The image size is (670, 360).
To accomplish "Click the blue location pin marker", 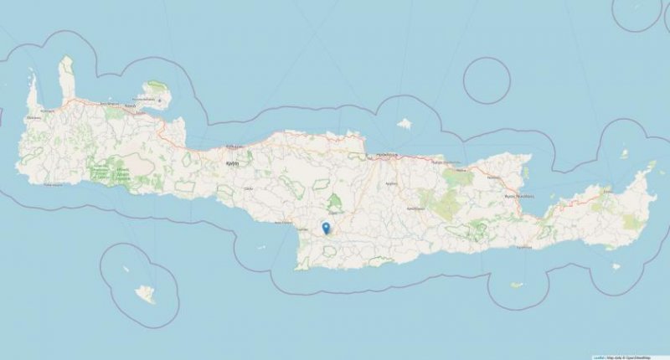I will tap(326, 227).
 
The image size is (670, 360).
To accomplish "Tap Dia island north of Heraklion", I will tap(405, 124).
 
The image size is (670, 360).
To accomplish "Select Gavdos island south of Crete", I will tap(147, 294).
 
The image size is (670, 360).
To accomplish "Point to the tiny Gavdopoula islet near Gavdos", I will tap(126, 270).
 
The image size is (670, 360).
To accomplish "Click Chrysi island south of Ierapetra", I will tap(518, 285).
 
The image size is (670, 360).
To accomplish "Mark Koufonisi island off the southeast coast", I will tap(616, 267).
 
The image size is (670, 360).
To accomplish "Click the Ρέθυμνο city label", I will tap(232, 163).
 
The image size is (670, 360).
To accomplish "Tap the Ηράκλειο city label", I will tap(385, 155).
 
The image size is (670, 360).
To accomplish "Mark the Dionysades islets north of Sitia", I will tap(625, 154).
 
